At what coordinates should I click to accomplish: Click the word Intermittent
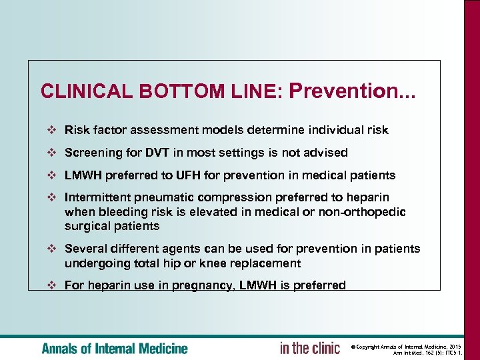tap(97, 197)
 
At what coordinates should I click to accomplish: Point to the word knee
tap(225, 263)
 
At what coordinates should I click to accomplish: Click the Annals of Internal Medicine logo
tap(115, 348)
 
